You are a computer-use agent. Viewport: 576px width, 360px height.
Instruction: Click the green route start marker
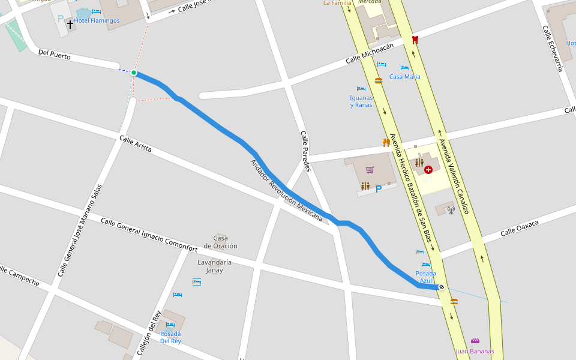tap(134, 73)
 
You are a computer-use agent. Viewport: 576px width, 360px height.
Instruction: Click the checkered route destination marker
tap(442, 287)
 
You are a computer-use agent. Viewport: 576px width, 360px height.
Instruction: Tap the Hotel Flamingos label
tap(97, 20)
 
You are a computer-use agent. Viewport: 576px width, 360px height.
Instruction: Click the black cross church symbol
tap(70, 25)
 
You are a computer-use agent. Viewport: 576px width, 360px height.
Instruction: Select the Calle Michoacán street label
tap(370, 53)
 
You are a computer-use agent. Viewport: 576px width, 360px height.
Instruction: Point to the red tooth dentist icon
tap(414, 40)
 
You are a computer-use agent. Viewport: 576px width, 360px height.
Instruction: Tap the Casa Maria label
tap(404, 76)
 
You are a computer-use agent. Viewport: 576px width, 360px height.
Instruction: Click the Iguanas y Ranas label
tap(361, 101)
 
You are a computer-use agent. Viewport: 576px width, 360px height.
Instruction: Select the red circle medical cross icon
tap(428, 170)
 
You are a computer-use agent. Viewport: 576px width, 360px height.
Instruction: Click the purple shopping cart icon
tap(370, 170)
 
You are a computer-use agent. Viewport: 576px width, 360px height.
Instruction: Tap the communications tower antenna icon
tap(451, 210)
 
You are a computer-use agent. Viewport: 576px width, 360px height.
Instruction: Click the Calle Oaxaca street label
tap(520, 228)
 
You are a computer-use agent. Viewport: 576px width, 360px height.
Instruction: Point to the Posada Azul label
tap(426, 277)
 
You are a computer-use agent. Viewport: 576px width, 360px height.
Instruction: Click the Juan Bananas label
tap(475, 351)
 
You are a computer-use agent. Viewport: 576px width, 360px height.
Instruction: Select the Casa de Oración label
tap(220, 242)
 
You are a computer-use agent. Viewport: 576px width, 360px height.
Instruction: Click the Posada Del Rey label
tap(170, 337)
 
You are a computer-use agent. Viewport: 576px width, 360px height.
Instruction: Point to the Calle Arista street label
tap(135, 144)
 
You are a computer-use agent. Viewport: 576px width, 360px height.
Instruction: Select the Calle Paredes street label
tap(305, 151)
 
